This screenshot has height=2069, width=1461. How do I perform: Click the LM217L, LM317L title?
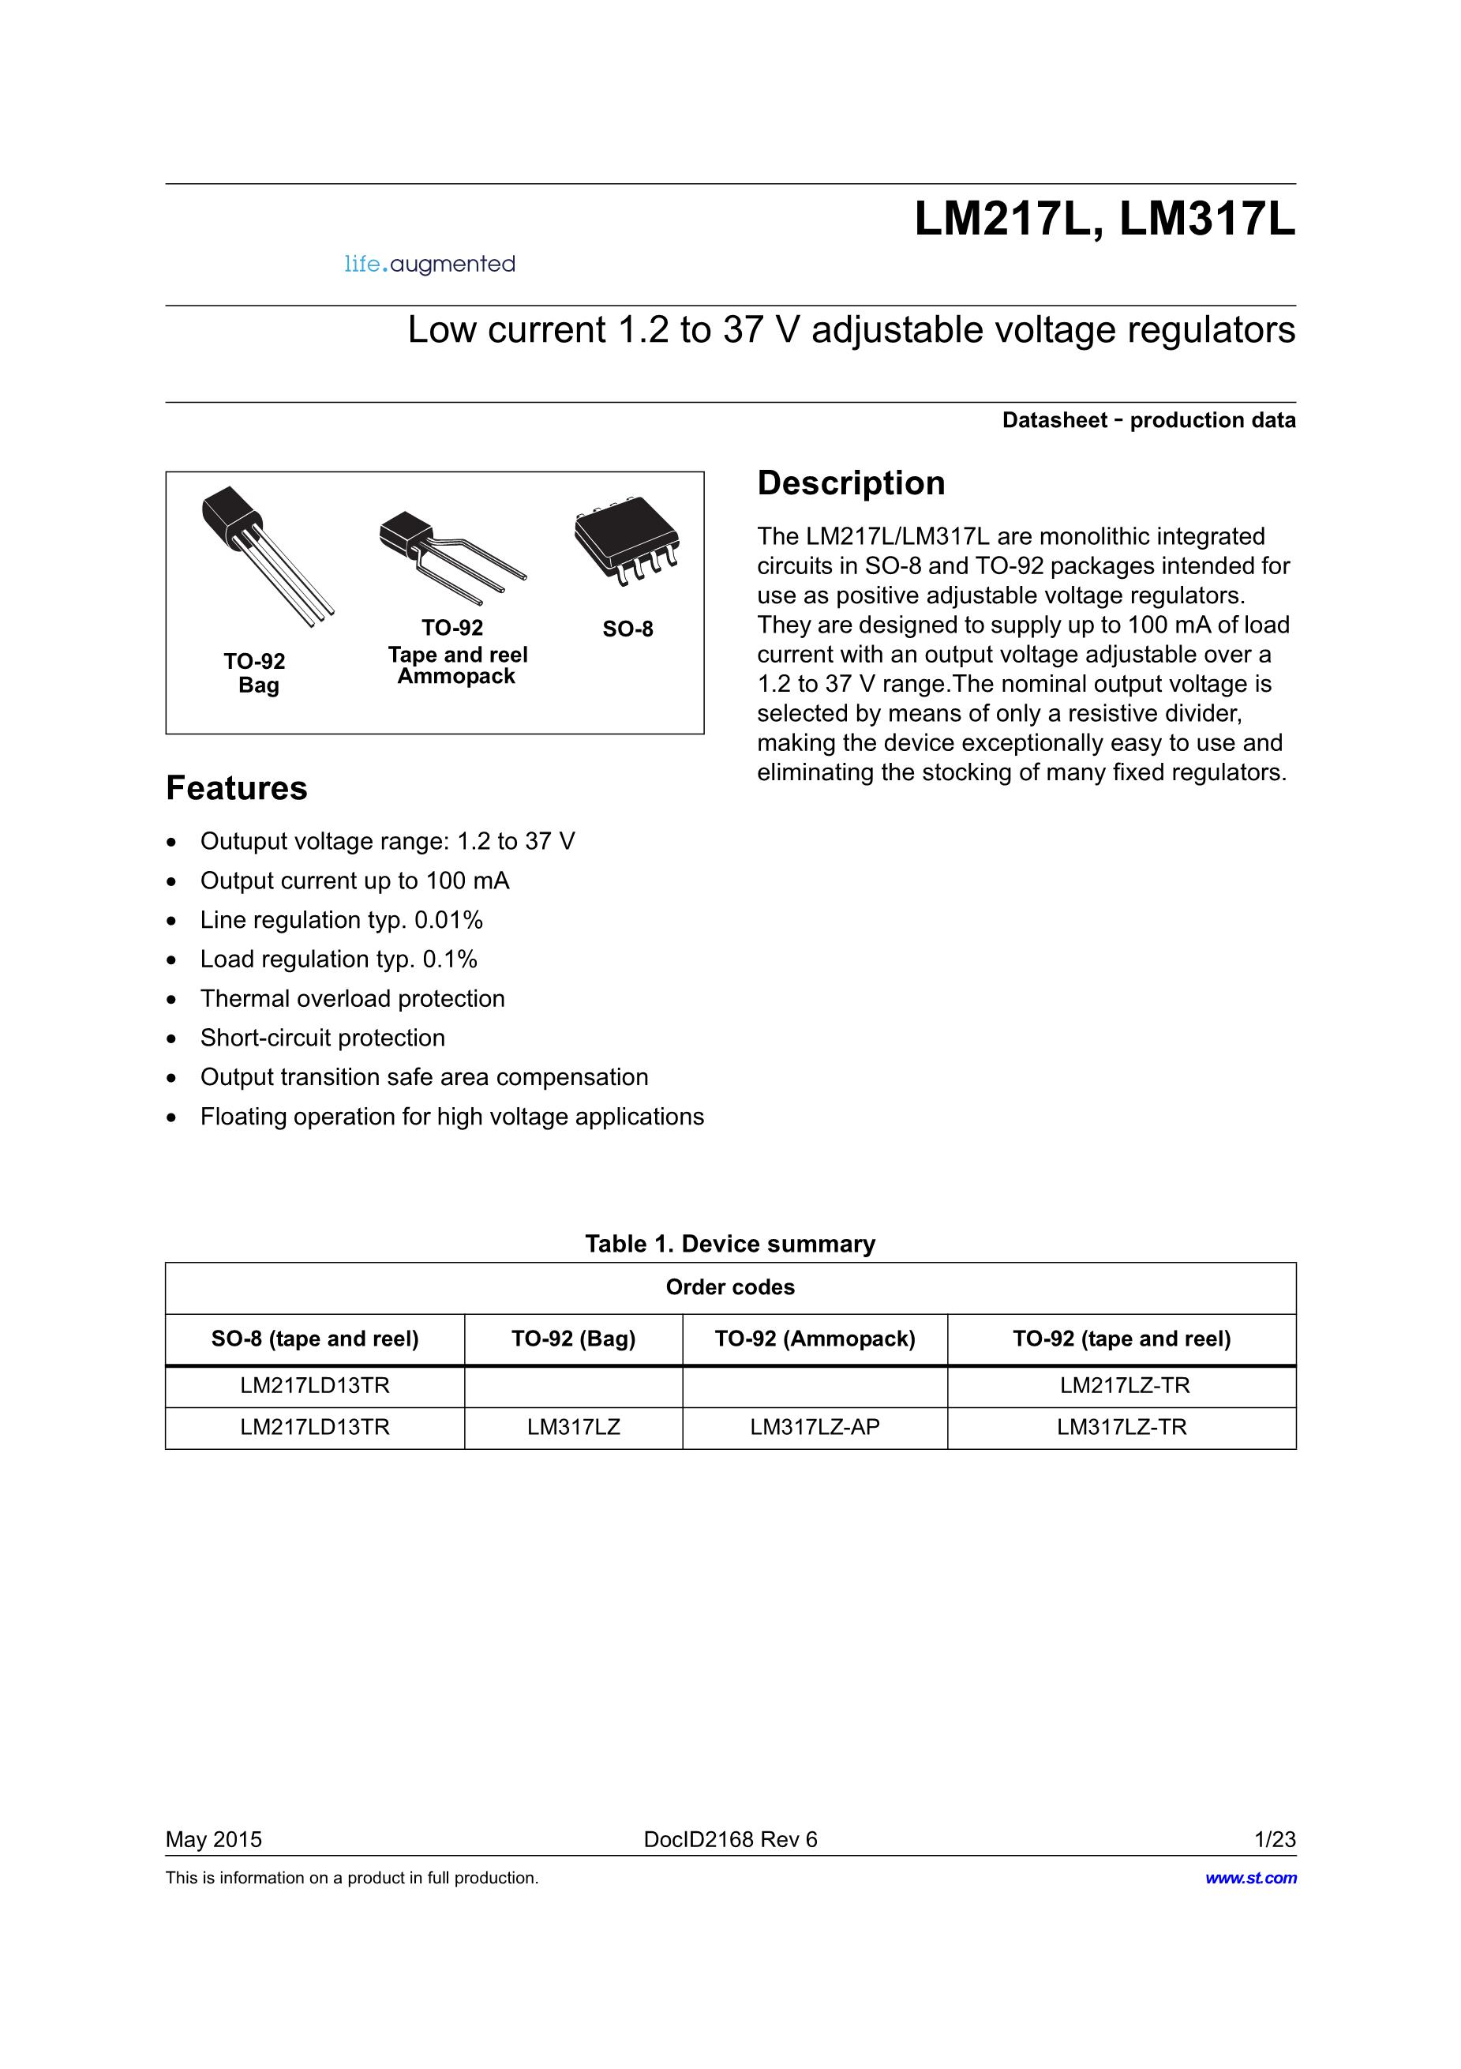tap(1104, 219)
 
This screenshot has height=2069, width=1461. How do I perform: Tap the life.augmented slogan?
tap(429, 264)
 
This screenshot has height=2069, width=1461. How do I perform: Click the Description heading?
tap(850, 483)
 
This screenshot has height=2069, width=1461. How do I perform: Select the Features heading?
tap(236, 788)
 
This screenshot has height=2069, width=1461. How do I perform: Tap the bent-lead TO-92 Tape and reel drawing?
tap(451, 554)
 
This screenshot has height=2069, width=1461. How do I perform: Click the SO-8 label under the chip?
tap(627, 629)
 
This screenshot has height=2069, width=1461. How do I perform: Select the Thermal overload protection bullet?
tap(352, 998)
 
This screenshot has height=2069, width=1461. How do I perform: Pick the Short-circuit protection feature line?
tap(323, 1038)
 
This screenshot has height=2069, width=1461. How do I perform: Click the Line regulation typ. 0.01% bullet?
tap(342, 920)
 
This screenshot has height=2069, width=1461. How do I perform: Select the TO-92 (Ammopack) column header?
tap(815, 1339)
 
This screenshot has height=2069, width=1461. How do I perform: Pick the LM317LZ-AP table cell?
tap(815, 1428)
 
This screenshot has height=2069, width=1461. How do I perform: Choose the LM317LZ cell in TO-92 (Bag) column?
tap(574, 1428)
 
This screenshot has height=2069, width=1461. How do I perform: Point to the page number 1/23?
tap(1275, 1840)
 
